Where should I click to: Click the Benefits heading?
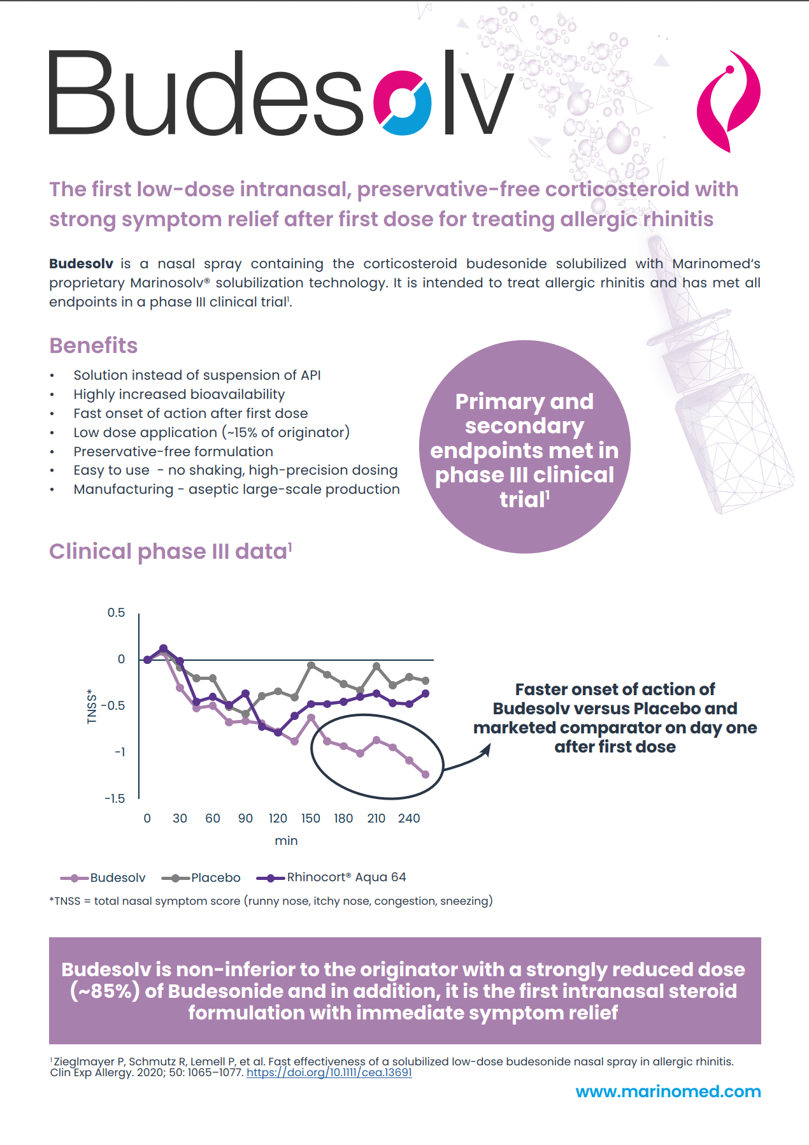click(94, 345)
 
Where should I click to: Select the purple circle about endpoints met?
click(524, 447)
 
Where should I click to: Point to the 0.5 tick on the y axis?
click(116, 613)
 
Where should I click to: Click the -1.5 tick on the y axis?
click(115, 798)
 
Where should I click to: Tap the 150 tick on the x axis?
click(311, 818)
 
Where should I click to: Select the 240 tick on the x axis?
click(409, 818)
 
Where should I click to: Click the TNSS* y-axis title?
click(92, 706)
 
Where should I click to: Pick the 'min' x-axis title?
click(286, 840)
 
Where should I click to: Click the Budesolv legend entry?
click(104, 878)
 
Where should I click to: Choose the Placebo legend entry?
click(202, 878)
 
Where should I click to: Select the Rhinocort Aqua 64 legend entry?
click(332, 877)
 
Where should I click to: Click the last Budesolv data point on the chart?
click(426, 774)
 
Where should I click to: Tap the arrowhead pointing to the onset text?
click(485, 750)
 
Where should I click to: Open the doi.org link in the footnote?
click(329, 1072)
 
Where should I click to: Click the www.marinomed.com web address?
click(668, 1091)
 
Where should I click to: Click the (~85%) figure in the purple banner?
click(105, 991)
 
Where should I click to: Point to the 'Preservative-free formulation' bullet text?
click(173, 451)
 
